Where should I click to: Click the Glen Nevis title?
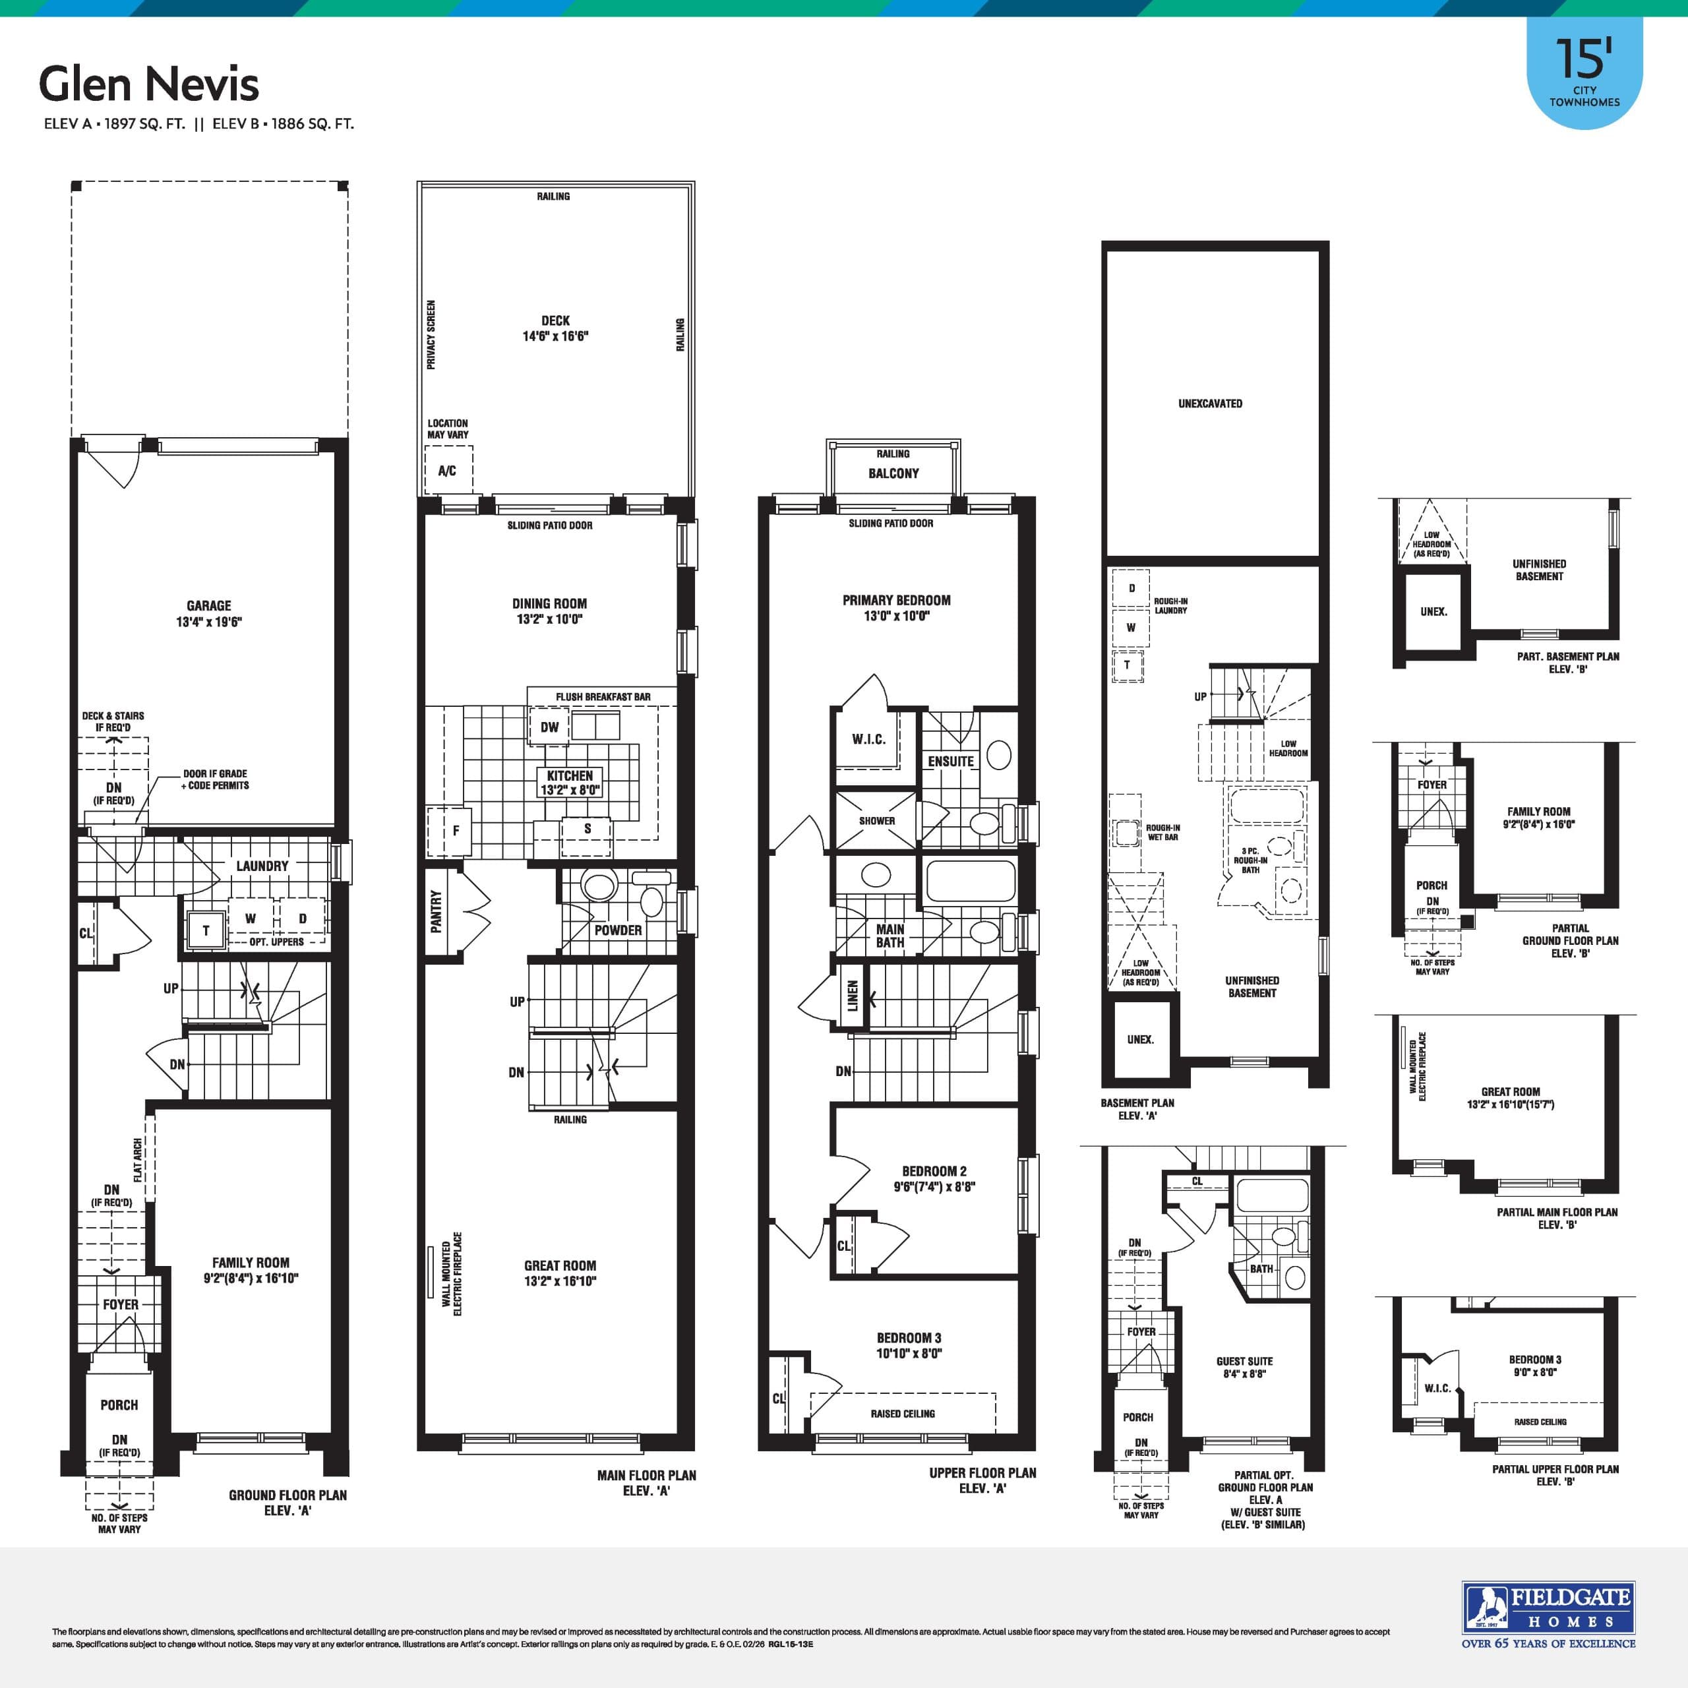click(148, 85)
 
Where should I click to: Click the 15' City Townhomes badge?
click(1584, 75)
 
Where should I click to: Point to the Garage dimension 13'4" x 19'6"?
click(209, 622)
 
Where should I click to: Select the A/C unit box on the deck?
click(447, 471)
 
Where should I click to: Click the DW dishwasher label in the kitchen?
click(549, 727)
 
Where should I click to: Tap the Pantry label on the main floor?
click(436, 911)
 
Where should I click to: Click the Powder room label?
click(618, 930)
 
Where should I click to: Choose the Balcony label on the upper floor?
click(893, 473)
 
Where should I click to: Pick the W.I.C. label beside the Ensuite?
click(868, 739)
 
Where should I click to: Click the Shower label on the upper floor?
click(876, 822)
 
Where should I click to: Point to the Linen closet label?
click(853, 995)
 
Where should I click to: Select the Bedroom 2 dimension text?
click(934, 1186)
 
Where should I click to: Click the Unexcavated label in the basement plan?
click(1210, 404)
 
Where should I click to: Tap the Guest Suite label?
click(1244, 1361)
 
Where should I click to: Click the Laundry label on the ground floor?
click(262, 866)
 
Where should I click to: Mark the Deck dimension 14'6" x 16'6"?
click(556, 336)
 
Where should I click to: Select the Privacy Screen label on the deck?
click(431, 334)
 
